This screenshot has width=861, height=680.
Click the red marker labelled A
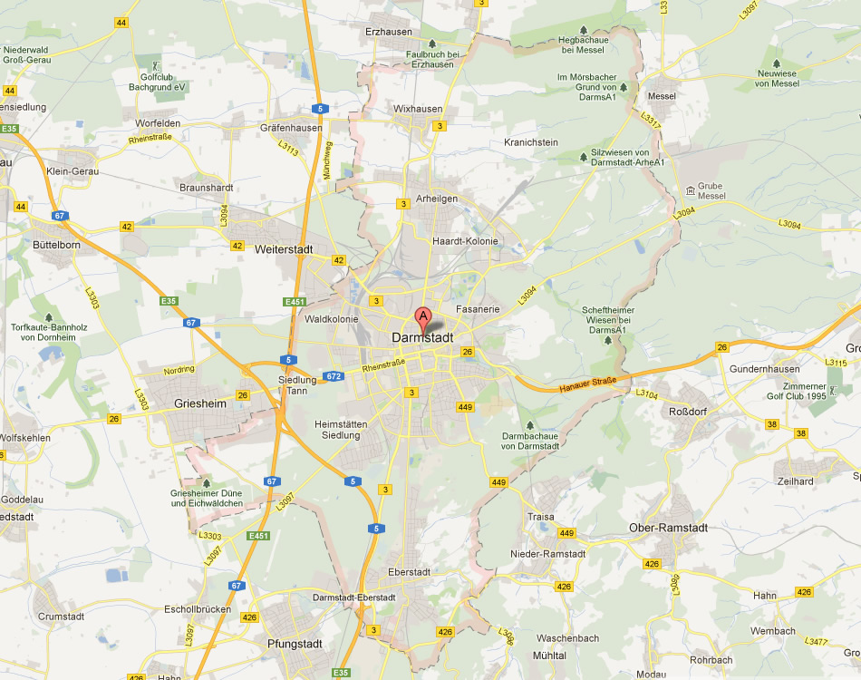422,317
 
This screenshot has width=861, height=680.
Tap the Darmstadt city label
422,337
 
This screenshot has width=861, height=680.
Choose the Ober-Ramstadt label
669,528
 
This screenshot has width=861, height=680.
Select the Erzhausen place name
388,32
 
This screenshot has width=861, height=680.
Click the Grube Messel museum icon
691,190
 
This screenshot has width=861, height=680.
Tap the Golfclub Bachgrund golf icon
156,64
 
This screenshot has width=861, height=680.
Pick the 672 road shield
334,375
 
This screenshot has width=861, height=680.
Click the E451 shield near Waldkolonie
295,302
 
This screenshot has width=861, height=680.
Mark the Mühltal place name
550,654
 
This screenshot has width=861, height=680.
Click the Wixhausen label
418,109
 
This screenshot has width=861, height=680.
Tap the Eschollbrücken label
198,609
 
